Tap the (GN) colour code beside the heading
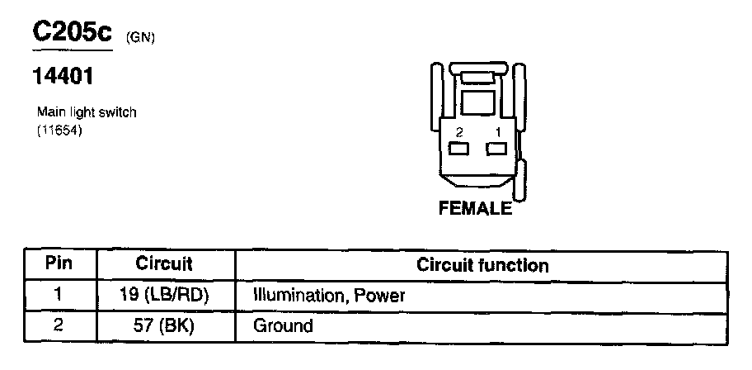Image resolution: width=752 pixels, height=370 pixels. [x=140, y=37]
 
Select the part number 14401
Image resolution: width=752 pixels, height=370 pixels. [x=61, y=78]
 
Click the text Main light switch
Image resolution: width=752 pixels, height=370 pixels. [x=87, y=112]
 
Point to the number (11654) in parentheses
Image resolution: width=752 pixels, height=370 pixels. [x=61, y=130]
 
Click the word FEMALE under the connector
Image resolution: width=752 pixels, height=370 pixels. [x=476, y=209]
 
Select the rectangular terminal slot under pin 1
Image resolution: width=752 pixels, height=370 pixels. [x=496, y=149]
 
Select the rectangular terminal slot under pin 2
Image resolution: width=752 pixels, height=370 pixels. [x=458, y=149]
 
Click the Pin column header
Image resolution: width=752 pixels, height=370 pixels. [x=59, y=265]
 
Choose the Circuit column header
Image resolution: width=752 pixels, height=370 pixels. [x=164, y=265]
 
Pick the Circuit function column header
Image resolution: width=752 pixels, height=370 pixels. [x=483, y=265]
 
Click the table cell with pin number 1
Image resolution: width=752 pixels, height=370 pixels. [x=59, y=295]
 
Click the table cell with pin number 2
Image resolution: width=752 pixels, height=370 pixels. [x=59, y=325]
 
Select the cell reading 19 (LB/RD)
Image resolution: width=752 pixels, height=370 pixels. [x=164, y=295]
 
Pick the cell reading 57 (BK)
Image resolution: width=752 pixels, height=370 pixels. [x=164, y=325]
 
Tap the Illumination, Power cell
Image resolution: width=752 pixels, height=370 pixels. [x=329, y=295]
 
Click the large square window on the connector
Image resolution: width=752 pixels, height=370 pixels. [x=477, y=102]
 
